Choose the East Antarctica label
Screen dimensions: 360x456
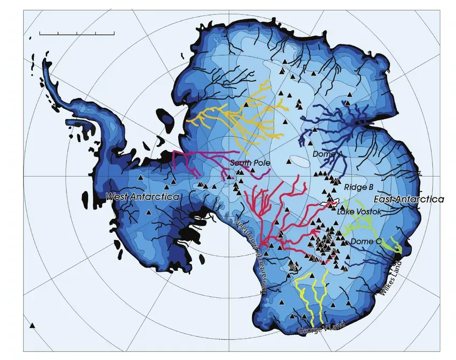pos(408,199)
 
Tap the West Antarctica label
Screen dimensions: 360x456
pos(142,197)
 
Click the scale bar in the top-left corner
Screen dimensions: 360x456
pos(77,33)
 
